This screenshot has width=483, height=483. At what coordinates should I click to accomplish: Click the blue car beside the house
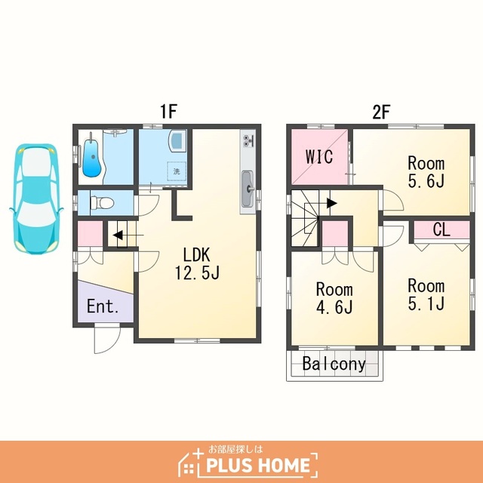tap(36, 199)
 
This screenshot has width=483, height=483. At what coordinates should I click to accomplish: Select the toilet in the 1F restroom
tap(102, 203)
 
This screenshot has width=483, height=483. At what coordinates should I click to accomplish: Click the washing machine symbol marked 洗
tap(177, 171)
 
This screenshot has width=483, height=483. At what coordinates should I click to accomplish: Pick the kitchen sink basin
tap(248, 189)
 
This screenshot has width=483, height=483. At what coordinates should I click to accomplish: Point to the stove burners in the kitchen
tap(248, 140)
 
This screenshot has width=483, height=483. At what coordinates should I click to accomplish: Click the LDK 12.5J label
tap(197, 263)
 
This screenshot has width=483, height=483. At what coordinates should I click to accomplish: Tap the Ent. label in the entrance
tap(103, 306)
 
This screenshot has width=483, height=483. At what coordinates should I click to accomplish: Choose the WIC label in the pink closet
tap(319, 156)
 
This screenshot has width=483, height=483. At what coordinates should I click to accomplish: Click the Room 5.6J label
tap(426, 172)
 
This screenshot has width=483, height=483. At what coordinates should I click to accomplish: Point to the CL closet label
tap(441, 229)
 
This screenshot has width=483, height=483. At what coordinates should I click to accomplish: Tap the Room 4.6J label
tap(334, 298)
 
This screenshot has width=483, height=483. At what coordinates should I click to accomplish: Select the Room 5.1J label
tap(426, 294)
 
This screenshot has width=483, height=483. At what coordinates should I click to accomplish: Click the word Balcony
tap(334, 364)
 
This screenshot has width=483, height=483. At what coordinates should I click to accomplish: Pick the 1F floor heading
tap(168, 112)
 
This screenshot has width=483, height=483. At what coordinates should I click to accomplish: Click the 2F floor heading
tap(381, 112)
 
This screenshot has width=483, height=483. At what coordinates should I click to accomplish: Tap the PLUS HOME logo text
tap(258, 465)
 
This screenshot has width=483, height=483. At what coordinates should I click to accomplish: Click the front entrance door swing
tap(106, 338)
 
